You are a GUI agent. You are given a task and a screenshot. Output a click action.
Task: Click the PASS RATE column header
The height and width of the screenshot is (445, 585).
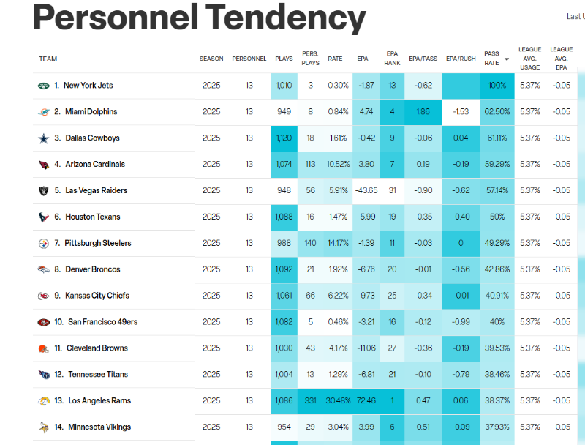pos(491,59)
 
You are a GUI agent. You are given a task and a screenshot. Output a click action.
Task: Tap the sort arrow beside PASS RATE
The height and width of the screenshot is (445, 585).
pos(507,59)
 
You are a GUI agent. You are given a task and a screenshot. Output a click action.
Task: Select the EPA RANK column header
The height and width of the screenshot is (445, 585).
pos(392,59)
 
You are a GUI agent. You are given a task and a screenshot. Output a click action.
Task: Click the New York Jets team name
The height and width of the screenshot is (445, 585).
pos(88,86)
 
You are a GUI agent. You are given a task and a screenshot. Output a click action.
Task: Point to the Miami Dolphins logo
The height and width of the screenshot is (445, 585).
pos(44,112)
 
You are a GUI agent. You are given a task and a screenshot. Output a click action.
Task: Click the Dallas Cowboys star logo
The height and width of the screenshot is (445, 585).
pos(44,138)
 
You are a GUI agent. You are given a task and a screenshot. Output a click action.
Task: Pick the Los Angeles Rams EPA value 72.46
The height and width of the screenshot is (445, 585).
pos(366,400)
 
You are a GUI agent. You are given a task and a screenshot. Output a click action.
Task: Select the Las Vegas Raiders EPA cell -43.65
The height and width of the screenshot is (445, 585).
pos(366,190)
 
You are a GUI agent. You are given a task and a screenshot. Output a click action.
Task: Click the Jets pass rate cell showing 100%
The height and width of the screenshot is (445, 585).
pos(497,86)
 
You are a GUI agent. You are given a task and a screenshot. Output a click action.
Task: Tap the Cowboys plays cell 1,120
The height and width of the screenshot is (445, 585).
pos(284,138)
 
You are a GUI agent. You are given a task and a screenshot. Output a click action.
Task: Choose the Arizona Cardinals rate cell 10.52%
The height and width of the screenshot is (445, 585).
pos(338,164)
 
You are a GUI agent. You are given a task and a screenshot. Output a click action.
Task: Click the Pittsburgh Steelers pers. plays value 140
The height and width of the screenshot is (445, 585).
pos(310,243)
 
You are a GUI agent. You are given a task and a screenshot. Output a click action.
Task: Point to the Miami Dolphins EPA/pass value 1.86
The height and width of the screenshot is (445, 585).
pos(423,112)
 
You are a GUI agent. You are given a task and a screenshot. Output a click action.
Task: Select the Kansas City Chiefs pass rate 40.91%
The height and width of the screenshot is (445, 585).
pos(497,296)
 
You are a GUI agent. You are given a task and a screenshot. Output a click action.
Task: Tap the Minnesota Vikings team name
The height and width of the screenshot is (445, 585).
pos(99,427)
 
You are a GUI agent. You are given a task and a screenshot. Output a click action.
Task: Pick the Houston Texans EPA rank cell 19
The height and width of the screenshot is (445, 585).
pos(392,217)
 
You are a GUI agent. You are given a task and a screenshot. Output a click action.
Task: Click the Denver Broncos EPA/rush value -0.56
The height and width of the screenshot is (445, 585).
pos(461,269)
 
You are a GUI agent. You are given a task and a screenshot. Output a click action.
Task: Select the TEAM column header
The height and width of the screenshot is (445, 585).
pos(48,59)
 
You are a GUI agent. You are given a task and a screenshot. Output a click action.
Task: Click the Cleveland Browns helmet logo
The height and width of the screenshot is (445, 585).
pos(44,348)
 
